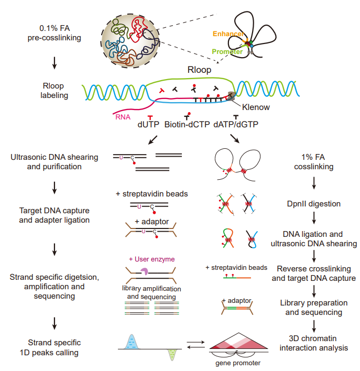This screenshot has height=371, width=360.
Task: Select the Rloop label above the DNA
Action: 199,70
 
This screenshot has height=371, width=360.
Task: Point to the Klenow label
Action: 256,106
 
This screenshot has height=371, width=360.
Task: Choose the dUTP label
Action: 149,125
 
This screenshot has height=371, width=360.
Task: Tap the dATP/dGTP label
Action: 236,125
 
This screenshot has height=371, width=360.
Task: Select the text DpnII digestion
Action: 313,203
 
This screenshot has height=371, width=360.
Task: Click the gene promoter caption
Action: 238,363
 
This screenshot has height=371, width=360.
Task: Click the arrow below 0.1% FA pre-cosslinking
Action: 54,63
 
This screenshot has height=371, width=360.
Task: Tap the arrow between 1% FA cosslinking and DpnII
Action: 313,184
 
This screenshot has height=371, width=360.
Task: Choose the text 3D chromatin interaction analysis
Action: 313,343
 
